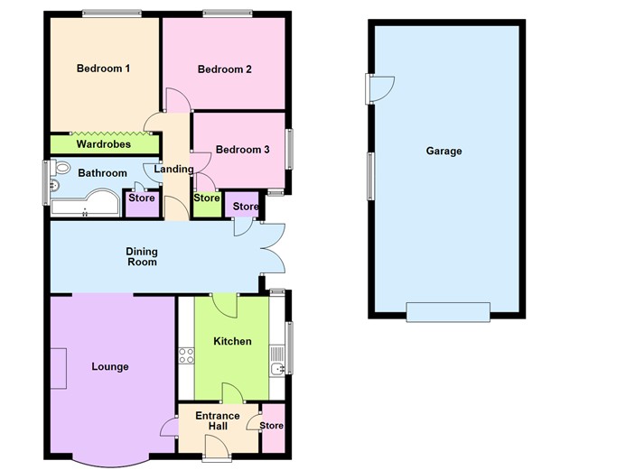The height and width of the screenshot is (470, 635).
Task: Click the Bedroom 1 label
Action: coord(104,69)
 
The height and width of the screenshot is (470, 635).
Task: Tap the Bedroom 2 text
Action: coord(224,69)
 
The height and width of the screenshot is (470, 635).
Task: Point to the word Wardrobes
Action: coord(103,144)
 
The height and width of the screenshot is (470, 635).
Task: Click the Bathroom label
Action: coord(102,172)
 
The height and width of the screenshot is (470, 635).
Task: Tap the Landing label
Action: coord(173,169)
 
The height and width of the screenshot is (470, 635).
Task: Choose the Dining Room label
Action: coord(142,257)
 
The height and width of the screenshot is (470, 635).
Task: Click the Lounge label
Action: coord(110,367)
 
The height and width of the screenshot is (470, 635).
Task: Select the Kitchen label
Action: coord(232,341)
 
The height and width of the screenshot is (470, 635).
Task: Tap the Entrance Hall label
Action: coord(218,421)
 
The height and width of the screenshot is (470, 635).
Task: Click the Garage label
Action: coord(444,151)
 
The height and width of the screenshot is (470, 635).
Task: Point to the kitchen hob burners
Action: coord(188,355)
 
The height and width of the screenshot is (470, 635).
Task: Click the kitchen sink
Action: coord(278,367)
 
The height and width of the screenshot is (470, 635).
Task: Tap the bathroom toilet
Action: coord(61,168)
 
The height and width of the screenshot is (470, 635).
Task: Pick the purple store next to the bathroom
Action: coord(141,202)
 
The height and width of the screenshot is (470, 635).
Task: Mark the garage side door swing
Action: coord(382,88)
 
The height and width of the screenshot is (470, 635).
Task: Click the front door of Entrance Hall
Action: coord(218,445)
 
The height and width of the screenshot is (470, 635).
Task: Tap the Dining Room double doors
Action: coord(273,247)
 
